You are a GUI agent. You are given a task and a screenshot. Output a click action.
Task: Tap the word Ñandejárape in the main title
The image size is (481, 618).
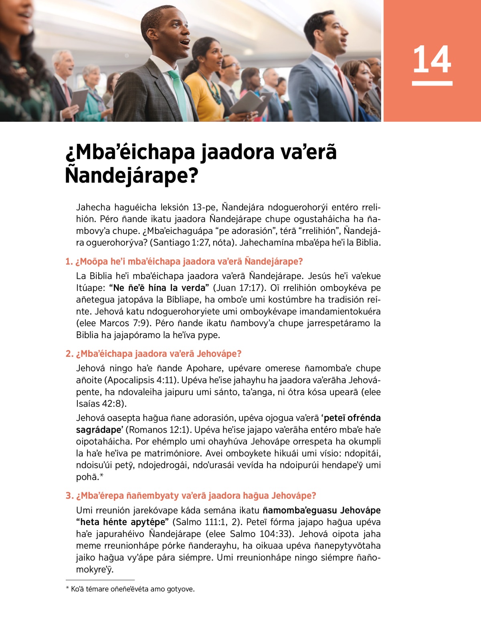(131, 175)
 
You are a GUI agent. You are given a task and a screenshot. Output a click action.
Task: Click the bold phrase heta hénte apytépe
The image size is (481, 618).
(123, 522)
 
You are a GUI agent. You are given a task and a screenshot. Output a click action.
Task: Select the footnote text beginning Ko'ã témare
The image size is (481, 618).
(132, 589)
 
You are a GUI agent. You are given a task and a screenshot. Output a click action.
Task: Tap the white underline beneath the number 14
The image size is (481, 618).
(432, 83)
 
